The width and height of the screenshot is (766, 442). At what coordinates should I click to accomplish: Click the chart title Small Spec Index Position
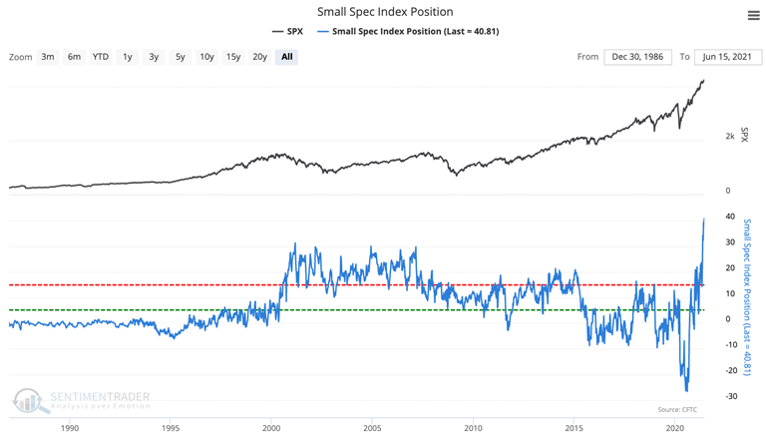(384, 12)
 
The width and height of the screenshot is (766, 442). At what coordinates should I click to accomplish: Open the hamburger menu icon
(753, 15)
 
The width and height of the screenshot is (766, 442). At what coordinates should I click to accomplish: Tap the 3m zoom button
(48, 57)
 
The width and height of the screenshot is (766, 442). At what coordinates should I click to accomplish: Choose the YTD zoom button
(101, 57)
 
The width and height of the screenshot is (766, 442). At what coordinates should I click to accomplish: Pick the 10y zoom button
(206, 57)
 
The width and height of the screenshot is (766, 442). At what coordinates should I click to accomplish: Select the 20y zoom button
(259, 57)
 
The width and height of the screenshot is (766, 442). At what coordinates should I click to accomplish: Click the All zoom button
(287, 57)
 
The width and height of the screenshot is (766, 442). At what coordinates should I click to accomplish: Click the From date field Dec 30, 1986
(637, 57)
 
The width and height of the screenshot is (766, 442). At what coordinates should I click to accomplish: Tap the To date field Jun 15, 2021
(727, 57)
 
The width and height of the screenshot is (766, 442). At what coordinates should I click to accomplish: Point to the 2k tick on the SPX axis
(730, 136)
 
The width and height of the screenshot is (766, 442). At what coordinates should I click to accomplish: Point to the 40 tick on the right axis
(731, 217)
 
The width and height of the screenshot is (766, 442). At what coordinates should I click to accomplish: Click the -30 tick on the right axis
(731, 396)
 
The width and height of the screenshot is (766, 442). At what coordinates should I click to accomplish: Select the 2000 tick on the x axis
(270, 428)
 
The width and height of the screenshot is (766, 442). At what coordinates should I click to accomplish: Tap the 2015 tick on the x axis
(574, 428)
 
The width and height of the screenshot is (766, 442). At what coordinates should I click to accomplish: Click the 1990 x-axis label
(69, 428)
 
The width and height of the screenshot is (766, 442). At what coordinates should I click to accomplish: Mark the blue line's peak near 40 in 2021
(704, 218)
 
